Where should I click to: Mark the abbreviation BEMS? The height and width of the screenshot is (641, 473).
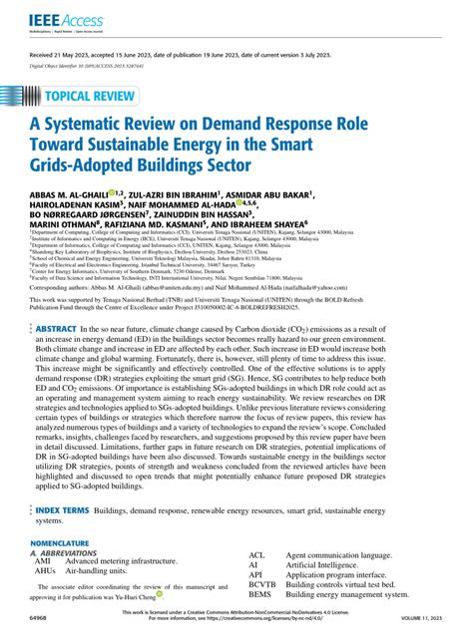click(260, 621)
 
